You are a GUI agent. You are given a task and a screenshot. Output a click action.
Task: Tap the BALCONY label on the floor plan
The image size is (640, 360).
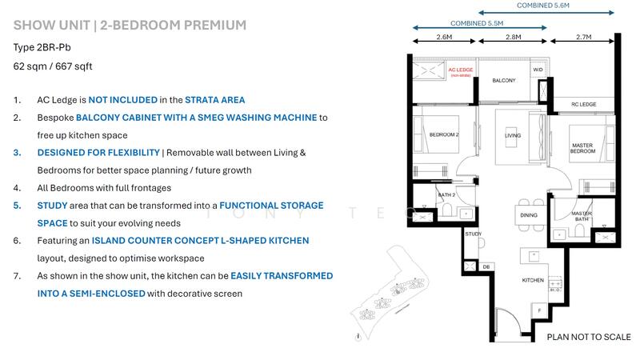pos(503,81)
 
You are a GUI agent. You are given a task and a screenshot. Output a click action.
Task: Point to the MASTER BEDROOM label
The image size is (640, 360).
pos(582,149)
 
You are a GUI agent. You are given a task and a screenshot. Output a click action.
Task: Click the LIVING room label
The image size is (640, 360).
pos(512,136)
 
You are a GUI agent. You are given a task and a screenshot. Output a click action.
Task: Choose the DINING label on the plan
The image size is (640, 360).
pos(529,215)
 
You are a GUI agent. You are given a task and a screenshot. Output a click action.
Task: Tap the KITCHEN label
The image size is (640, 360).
pos(534,281)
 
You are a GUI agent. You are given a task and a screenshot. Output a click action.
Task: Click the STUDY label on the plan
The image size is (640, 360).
pos(472,234)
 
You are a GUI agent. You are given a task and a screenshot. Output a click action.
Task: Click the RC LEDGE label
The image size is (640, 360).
pos(583,104)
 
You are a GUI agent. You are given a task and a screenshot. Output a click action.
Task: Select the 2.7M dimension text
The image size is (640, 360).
pos(583,37)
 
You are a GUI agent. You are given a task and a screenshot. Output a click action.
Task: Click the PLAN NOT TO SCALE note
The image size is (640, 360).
pos(588,338)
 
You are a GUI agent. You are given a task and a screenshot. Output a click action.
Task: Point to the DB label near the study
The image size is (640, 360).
pos(486,266)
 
